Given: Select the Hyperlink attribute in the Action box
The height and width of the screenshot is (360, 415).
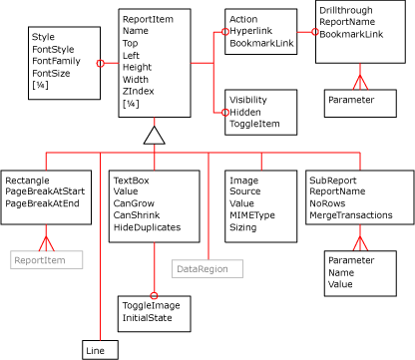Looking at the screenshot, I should pos(250,32).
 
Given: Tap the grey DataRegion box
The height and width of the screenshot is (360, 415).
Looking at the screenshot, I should pos(202,268).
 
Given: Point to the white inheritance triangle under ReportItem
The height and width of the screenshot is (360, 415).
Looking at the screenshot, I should pos(153,136).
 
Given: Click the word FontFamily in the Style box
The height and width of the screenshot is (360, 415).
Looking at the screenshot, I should pos(56,61).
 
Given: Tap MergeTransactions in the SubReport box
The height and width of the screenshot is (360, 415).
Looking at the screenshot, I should pos(351,214).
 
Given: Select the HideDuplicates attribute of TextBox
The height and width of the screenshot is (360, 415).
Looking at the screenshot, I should pos(151,227).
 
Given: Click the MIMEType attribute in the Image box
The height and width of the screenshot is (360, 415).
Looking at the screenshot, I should pos(251,214).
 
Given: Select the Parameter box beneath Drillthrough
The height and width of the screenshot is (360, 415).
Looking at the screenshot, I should pos(351,100).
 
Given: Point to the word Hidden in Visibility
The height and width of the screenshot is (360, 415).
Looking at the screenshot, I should pos(245,112).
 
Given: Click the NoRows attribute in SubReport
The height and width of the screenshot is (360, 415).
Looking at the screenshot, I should pos(328,202).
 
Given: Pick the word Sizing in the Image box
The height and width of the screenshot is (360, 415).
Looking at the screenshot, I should pos(242,227).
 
